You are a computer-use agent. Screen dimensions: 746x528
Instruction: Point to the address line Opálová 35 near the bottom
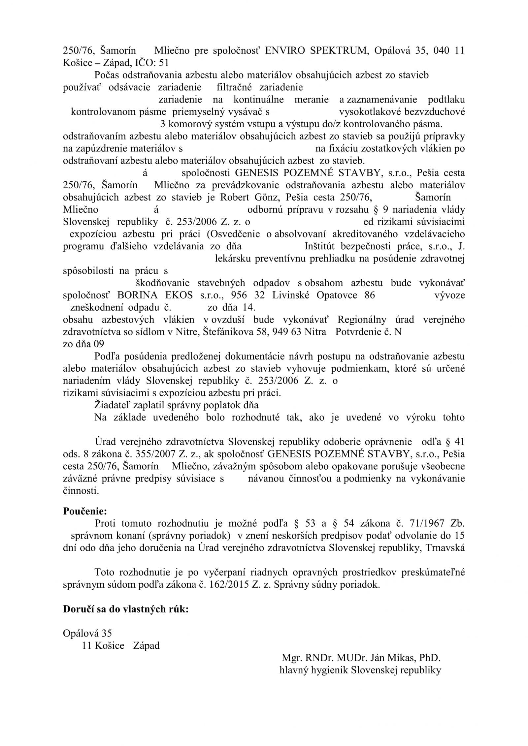(87, 633)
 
